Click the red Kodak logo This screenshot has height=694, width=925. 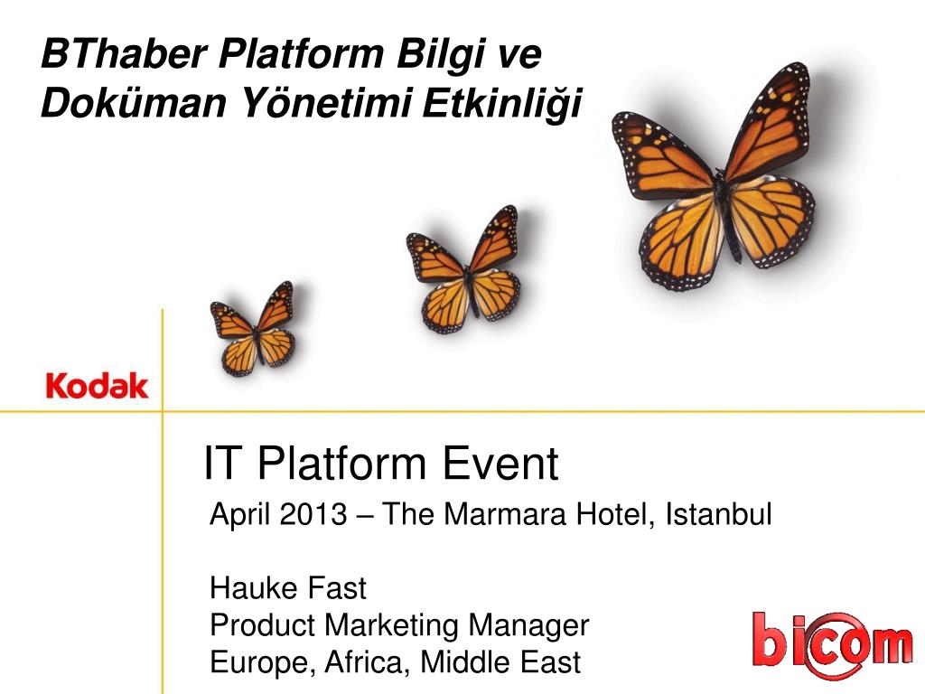[97, 386]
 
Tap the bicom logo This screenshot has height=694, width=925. [832, 644]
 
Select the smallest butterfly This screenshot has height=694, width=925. [253, 329]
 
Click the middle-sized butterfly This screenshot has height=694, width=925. [463, 268]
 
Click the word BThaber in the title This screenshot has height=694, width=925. [124, 53]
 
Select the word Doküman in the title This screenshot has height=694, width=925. [134, 103]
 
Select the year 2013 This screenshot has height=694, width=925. [313, 514]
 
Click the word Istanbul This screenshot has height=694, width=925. [718, 514]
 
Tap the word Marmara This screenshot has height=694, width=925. [505, 514]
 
